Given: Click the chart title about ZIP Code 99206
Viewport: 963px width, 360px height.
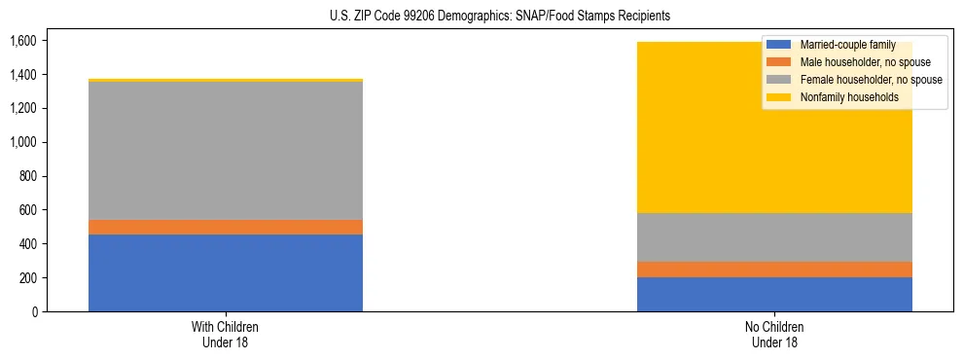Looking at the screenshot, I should tap(481, 17).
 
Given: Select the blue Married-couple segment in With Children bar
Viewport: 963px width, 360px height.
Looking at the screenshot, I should tap(226, 272).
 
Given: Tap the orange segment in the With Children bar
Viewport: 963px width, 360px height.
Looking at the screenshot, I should tap(226, 227).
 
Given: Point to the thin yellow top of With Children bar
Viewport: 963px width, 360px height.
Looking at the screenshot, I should tap(226, 80).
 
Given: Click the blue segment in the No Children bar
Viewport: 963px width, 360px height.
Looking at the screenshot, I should tap(774, 294).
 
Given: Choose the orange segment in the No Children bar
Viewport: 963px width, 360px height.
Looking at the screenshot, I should tap(774, 270).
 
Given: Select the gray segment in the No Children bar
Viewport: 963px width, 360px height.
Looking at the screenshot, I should tap(774, 237).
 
